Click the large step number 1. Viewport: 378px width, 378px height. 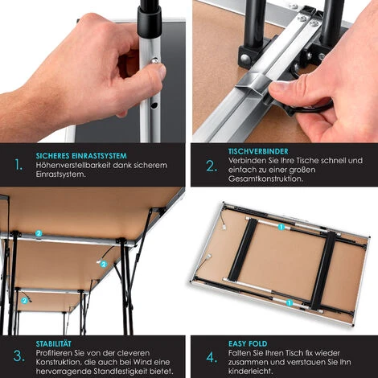pos(18,165)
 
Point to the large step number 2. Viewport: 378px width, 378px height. pos(211,166)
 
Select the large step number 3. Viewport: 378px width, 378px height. pos(18,355)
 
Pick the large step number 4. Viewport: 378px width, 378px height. pos(211,355)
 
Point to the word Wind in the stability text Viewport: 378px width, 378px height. pos(154,360)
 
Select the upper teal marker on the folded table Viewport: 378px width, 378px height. pos(281,228)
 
